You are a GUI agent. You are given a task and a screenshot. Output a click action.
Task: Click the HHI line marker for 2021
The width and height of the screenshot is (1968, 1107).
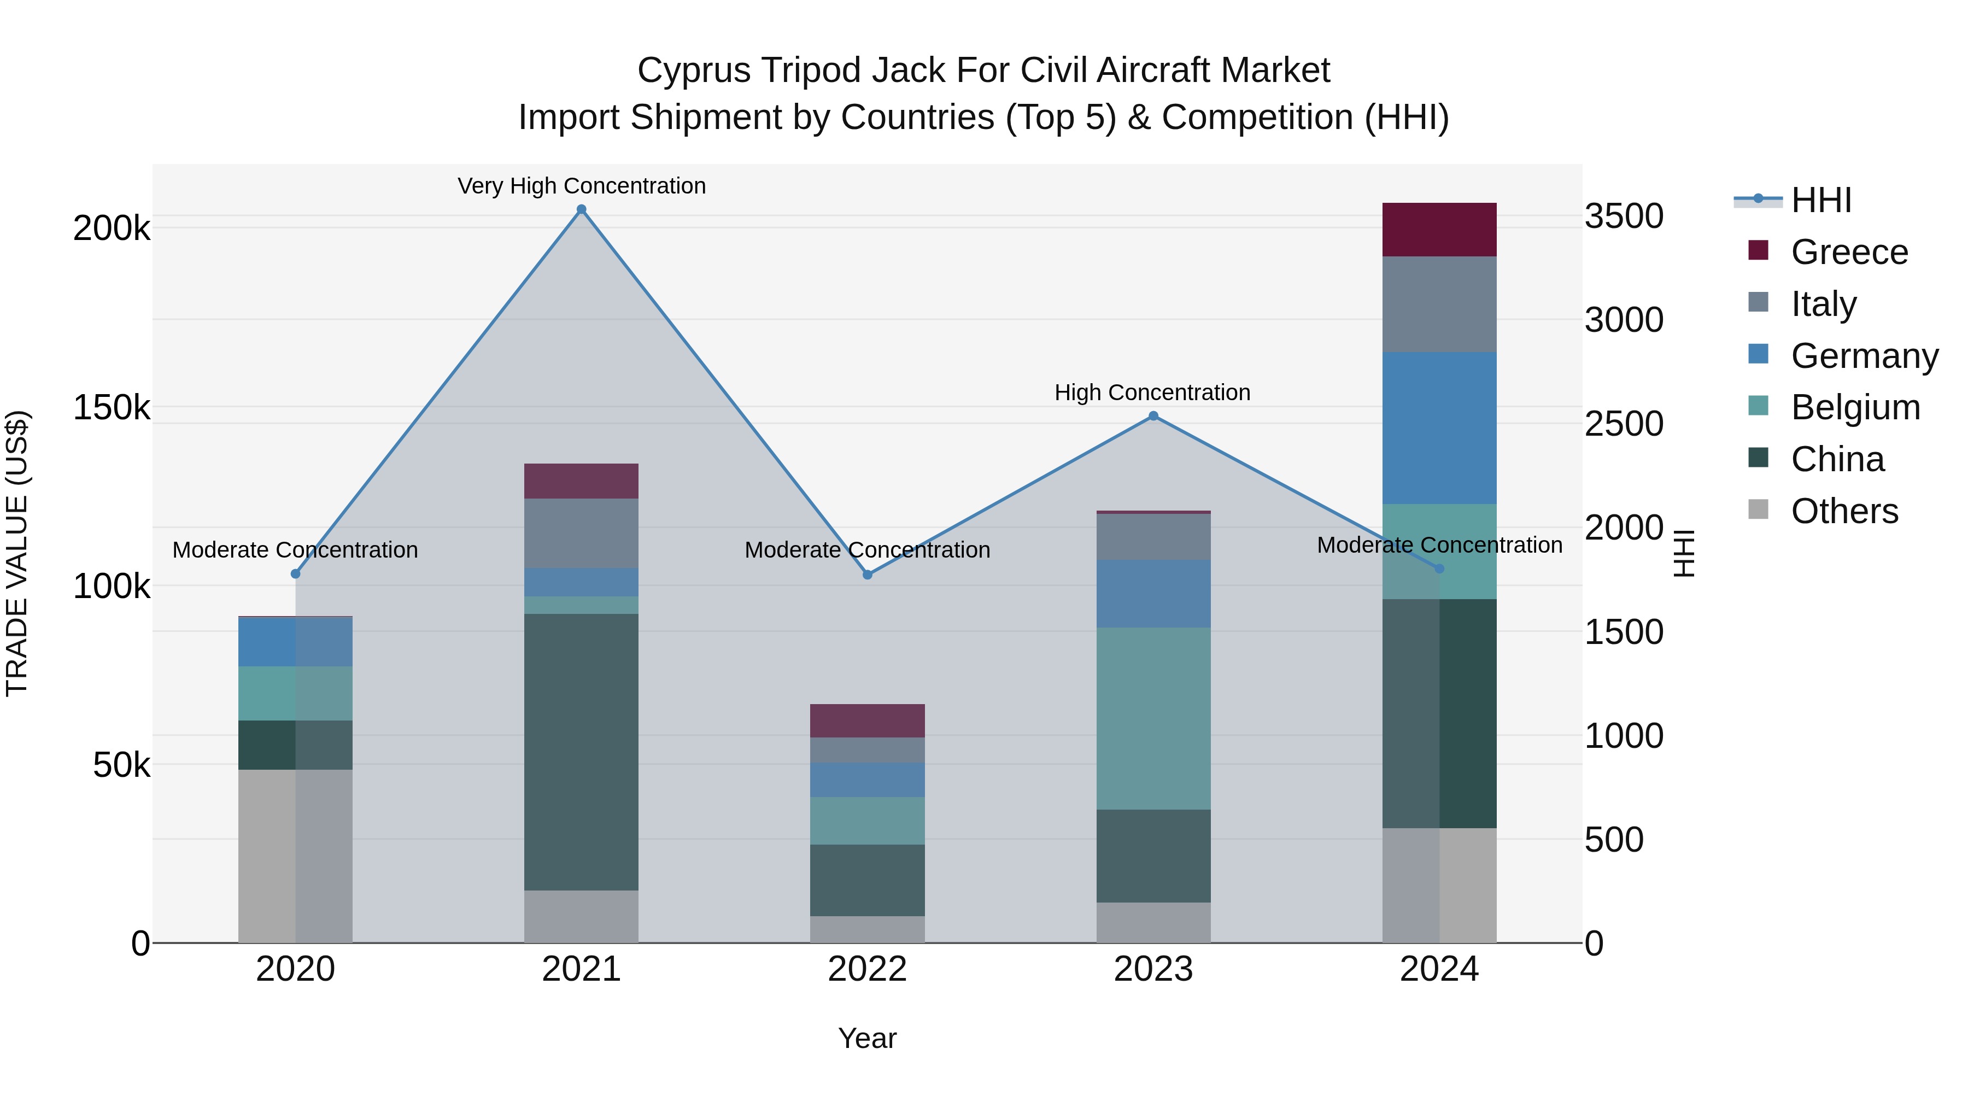(x=582, y=209)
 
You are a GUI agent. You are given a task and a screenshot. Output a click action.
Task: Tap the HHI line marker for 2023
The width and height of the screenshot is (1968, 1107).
(x=1153, y=417)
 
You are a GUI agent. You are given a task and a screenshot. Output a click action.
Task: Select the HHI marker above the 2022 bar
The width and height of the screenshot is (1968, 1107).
(x=867, y=575)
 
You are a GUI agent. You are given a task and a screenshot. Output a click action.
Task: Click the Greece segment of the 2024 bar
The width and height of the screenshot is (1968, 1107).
(x=1439, y=229)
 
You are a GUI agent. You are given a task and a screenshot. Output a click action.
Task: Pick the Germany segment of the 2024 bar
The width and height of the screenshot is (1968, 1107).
(x=1439, y=428)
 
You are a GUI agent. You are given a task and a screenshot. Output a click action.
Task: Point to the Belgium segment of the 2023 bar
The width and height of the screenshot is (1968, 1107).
(x=1153, y=718)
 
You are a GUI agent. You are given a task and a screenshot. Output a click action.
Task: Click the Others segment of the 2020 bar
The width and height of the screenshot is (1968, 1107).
(x=296, y=856)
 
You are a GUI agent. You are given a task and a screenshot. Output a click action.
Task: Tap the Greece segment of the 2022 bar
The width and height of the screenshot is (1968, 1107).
(x=867, y=721)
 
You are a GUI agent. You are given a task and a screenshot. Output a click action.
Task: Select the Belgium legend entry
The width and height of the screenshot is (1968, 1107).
(x=1855, y=407)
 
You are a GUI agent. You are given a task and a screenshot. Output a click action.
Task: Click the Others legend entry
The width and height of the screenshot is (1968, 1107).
(x=1844, y=511)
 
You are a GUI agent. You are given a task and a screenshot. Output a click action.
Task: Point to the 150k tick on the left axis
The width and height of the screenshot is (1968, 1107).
(x=112, y=407)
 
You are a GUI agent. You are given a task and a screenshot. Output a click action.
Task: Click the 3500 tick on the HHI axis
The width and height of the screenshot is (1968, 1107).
(x=1624, y=216)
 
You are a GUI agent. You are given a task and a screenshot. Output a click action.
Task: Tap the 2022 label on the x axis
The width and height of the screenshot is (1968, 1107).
(x=867, y=969)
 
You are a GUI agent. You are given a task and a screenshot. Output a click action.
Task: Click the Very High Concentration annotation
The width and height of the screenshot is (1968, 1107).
(x=582, y=186)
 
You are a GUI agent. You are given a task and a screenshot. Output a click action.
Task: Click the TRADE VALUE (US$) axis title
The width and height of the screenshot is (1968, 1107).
(x=17, y=553)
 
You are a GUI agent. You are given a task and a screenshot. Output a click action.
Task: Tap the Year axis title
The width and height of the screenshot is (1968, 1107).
(x=867, y=1038)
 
